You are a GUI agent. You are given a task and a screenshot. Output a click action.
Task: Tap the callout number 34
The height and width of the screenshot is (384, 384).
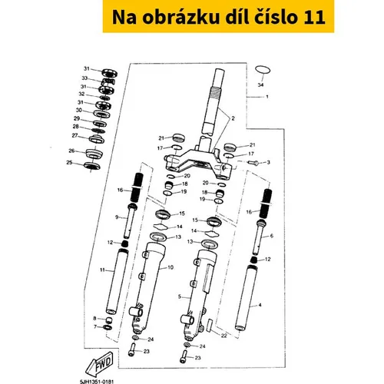pos(260,84)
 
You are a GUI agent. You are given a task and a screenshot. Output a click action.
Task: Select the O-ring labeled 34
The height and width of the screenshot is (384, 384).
pos(263,69)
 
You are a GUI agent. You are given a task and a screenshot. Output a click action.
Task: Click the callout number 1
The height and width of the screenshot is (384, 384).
pos(267,97)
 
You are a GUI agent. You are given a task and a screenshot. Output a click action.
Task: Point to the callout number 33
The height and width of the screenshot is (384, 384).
pos(84,78)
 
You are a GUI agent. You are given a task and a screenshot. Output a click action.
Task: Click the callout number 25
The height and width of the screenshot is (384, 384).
pos(69,163)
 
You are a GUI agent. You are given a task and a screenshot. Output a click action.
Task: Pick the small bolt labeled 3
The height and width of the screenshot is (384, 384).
pos(253,162)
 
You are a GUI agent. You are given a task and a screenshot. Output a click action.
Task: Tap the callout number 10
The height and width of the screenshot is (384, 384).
pos(170,267)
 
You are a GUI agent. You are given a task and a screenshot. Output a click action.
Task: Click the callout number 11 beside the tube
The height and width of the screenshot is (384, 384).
pos(102,270)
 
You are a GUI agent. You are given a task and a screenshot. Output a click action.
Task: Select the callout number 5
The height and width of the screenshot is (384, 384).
pos(180,296)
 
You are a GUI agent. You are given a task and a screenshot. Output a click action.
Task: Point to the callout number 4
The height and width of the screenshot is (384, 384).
pos(260,305)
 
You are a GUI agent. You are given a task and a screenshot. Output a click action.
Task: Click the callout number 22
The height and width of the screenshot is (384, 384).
pos(223,336)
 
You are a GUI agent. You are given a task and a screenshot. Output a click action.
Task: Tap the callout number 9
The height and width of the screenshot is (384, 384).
pos(117,217)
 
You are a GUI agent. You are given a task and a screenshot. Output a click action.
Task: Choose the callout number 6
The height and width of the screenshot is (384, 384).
pos(271,236)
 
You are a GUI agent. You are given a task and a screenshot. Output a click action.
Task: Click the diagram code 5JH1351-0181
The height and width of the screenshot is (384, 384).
pos(97,382)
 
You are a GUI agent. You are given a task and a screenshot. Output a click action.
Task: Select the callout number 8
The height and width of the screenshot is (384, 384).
pos(94,319)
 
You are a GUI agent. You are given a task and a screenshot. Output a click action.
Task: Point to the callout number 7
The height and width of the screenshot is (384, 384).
pos(95,327)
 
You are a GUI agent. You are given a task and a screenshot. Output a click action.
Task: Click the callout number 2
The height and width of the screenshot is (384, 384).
pos(233,118)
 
